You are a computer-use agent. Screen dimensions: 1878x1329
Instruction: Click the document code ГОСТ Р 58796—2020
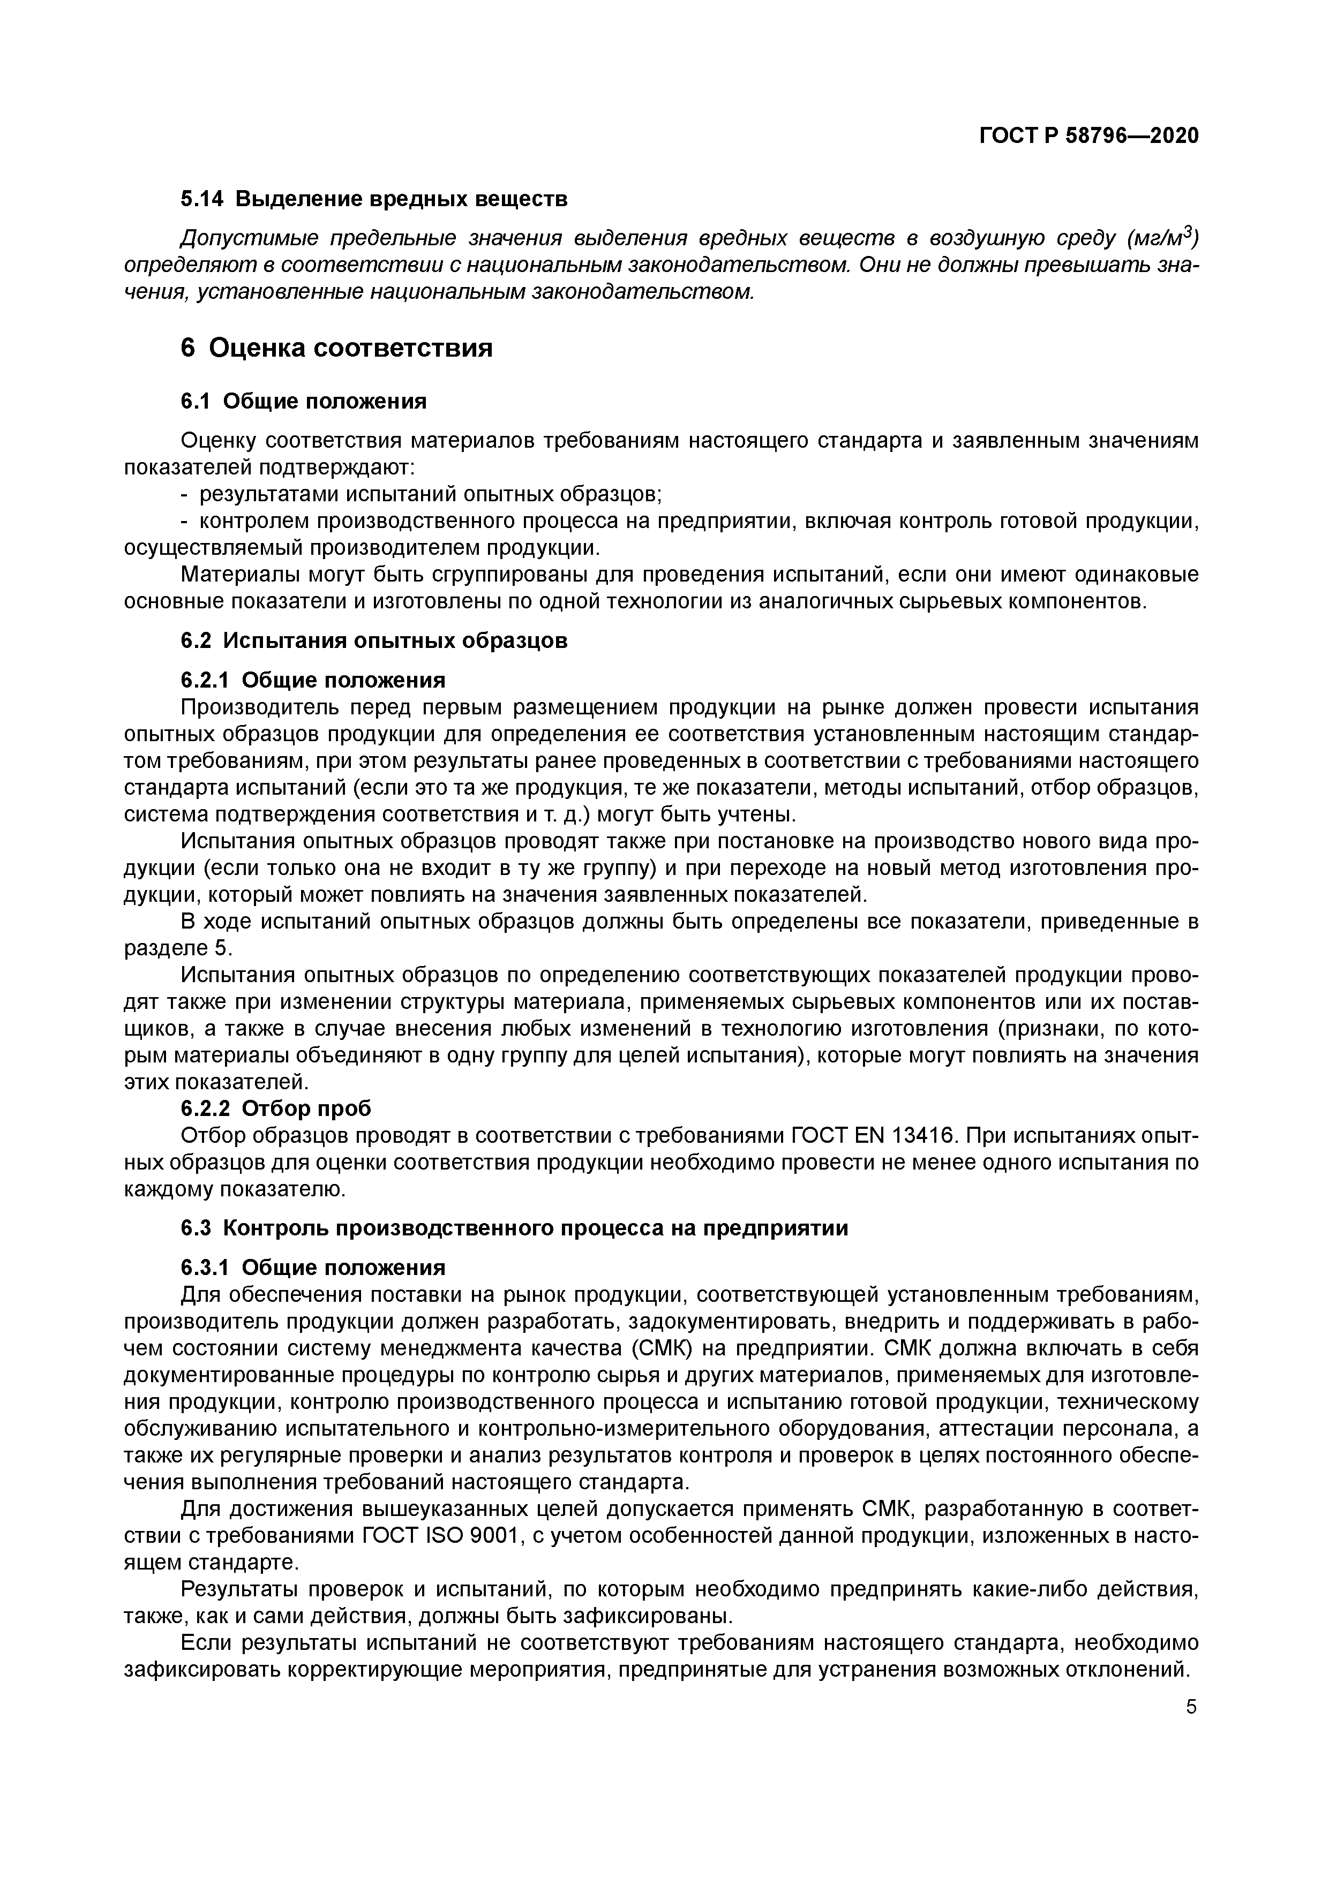click(x=1088, y=136)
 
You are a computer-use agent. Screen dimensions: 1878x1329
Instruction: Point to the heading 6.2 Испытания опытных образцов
click(x=373, y=640)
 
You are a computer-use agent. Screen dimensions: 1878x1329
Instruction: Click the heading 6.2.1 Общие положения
click(x=313, y=681)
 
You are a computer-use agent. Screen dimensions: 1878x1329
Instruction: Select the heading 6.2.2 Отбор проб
click(x=276, y=1108)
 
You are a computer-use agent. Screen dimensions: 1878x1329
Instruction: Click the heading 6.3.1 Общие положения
click(x=313, y=1268)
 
